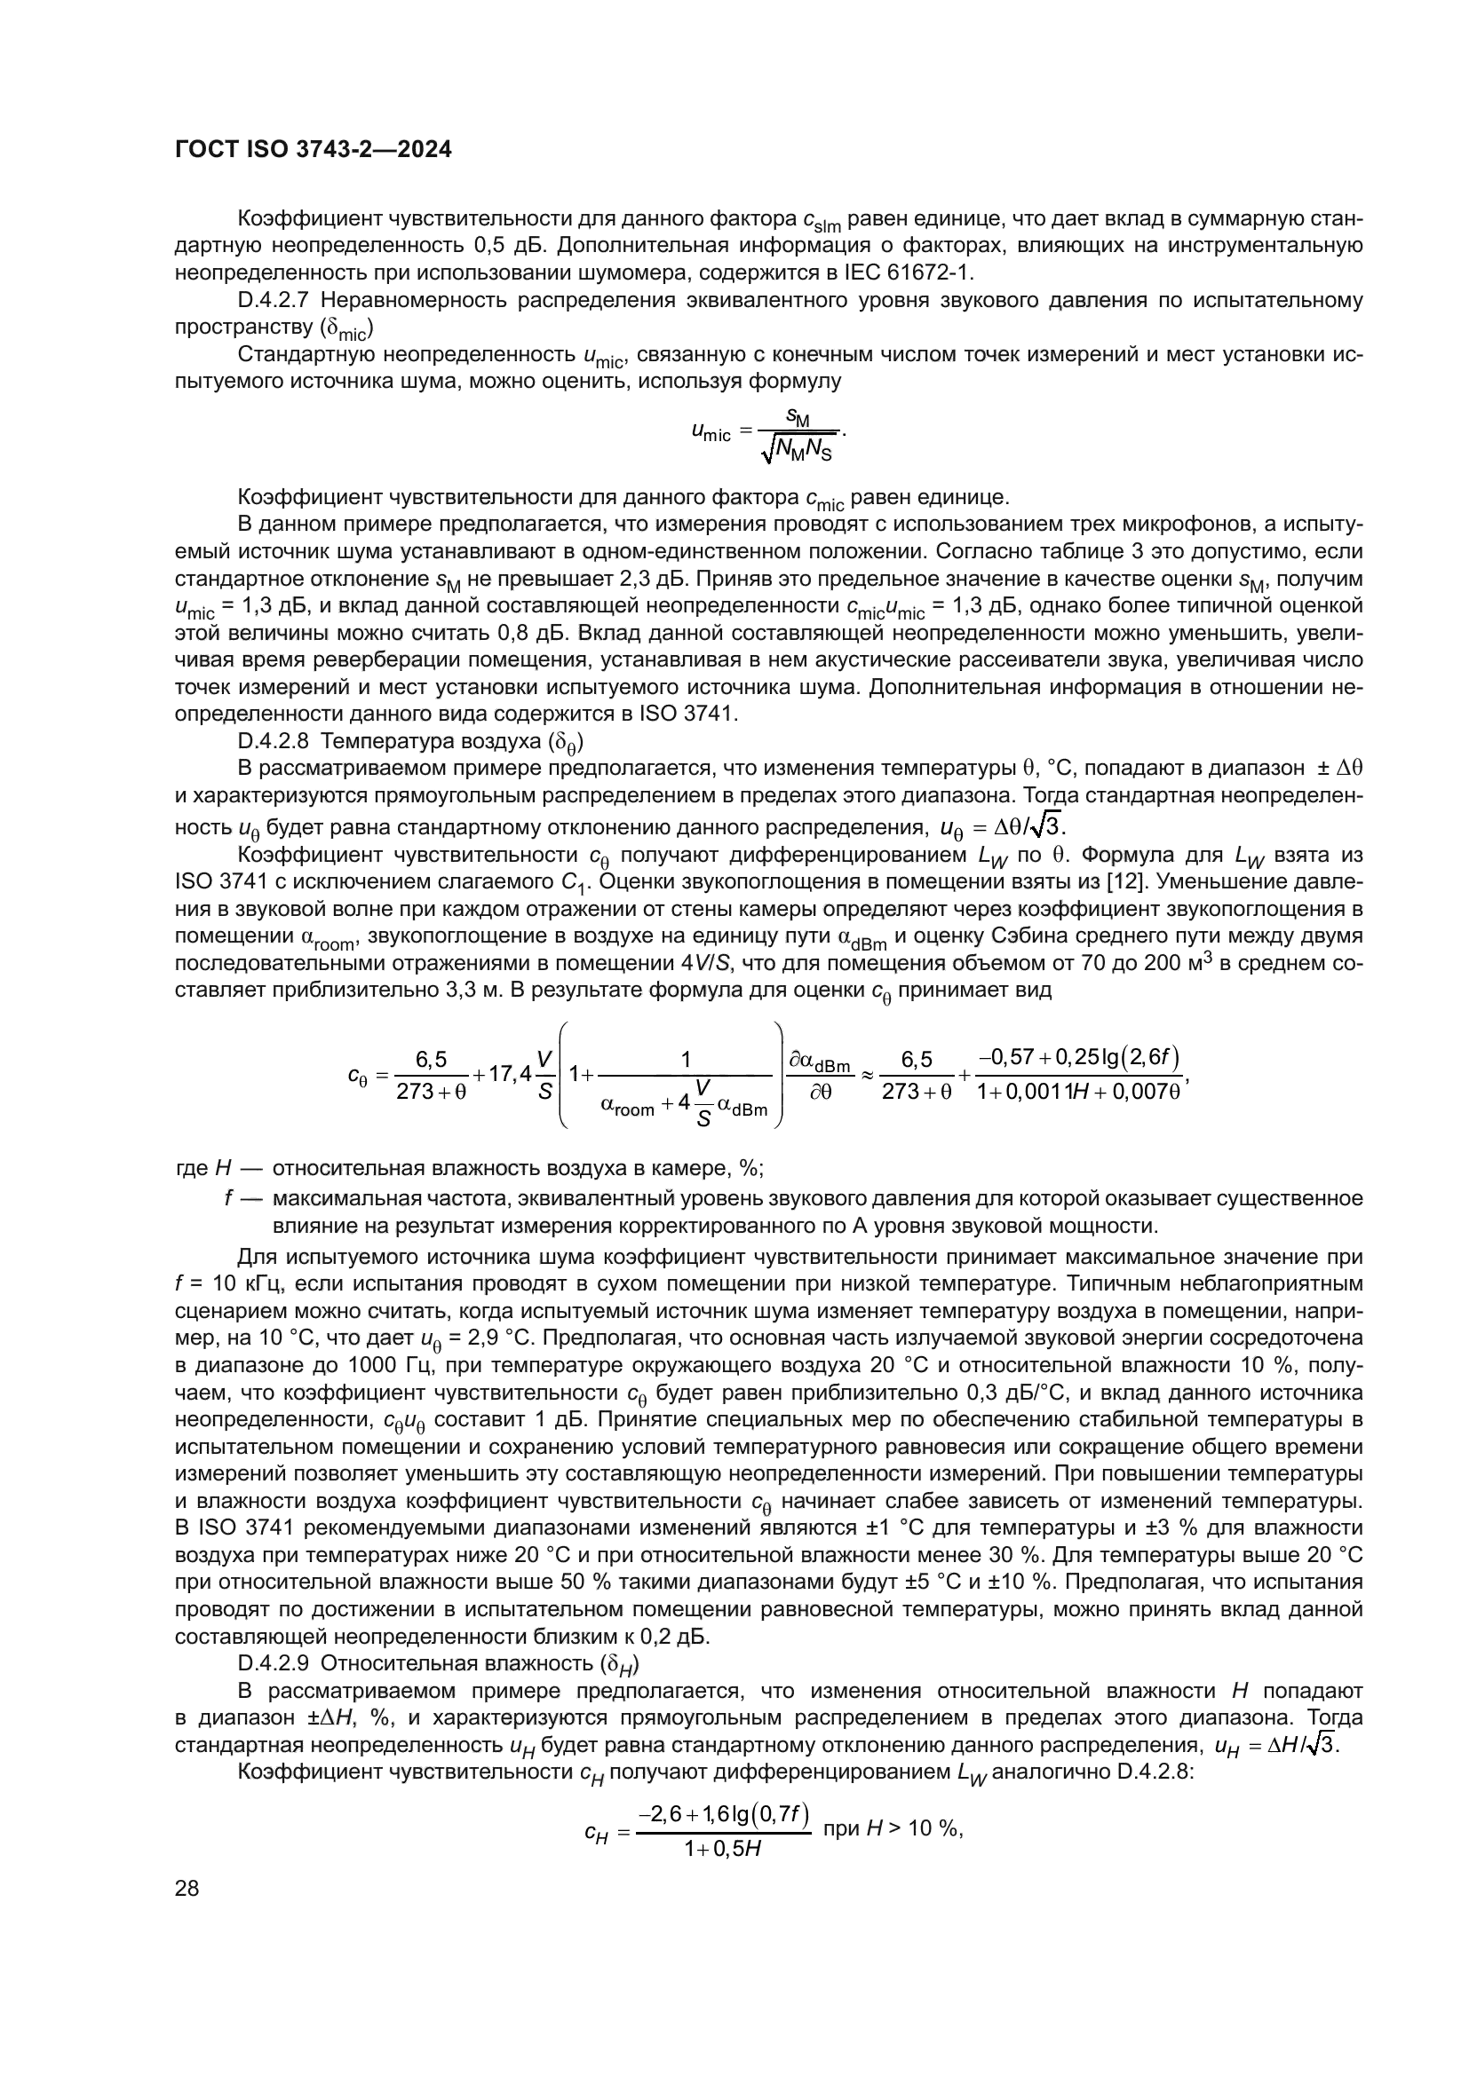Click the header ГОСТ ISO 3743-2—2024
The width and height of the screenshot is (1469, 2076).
(x=313, y=150)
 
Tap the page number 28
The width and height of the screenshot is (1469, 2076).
(x=187, y=1888)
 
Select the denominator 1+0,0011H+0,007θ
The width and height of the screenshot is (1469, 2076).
(x=1080, y=1092)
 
